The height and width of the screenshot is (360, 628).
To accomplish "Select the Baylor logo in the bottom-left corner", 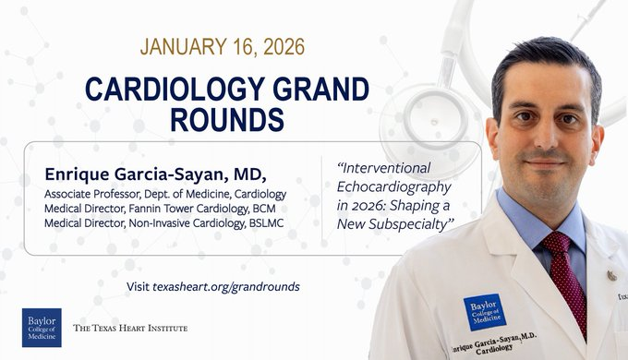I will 42,328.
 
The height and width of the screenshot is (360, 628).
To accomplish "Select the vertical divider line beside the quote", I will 321,198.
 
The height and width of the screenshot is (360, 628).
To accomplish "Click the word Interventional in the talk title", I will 384,168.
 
